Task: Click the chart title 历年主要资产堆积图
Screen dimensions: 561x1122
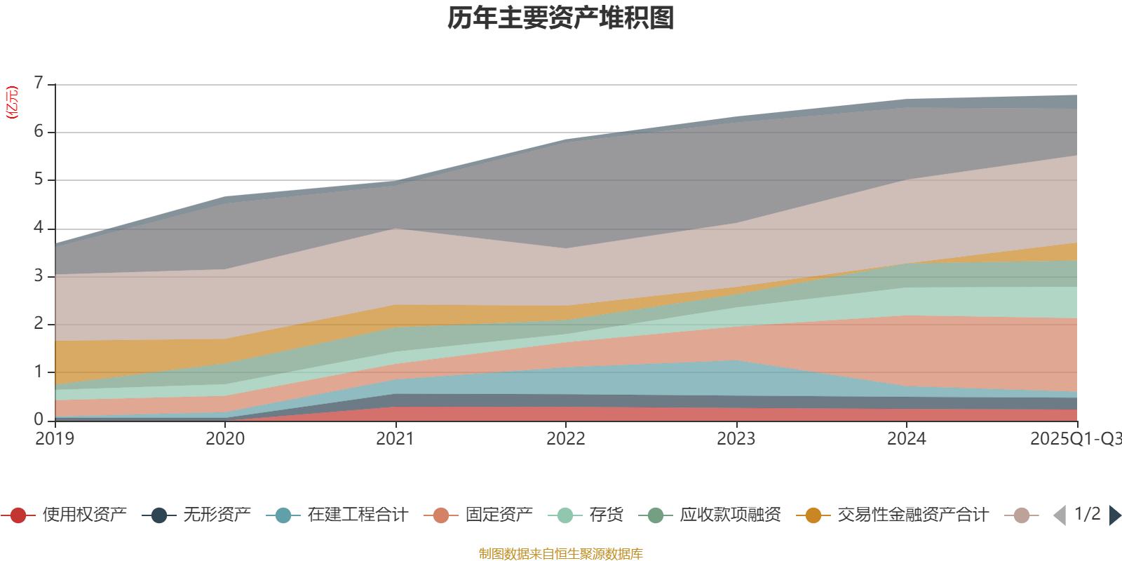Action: (561, 18)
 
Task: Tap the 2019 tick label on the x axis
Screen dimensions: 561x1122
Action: (55, 438)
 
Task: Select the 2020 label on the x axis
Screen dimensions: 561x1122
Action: (225, 438)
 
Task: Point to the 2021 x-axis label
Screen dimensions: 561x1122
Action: (396, 438)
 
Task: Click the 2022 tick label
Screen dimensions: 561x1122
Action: (566, 438)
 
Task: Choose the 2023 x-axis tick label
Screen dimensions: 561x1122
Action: (736, 438)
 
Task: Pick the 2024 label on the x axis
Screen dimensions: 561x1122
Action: (907, 438)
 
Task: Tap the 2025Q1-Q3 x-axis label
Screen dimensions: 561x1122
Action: (1074, 438)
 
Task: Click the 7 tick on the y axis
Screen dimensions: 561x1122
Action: (39, 83)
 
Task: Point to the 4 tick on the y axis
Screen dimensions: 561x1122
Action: (39, 228)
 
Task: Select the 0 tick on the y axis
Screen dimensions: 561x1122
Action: (39, 419)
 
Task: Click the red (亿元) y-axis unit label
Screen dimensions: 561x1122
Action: (12, 102)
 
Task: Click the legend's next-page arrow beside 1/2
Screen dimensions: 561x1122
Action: (1115, 515)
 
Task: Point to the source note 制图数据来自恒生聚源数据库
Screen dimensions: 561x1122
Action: (561, 554)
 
